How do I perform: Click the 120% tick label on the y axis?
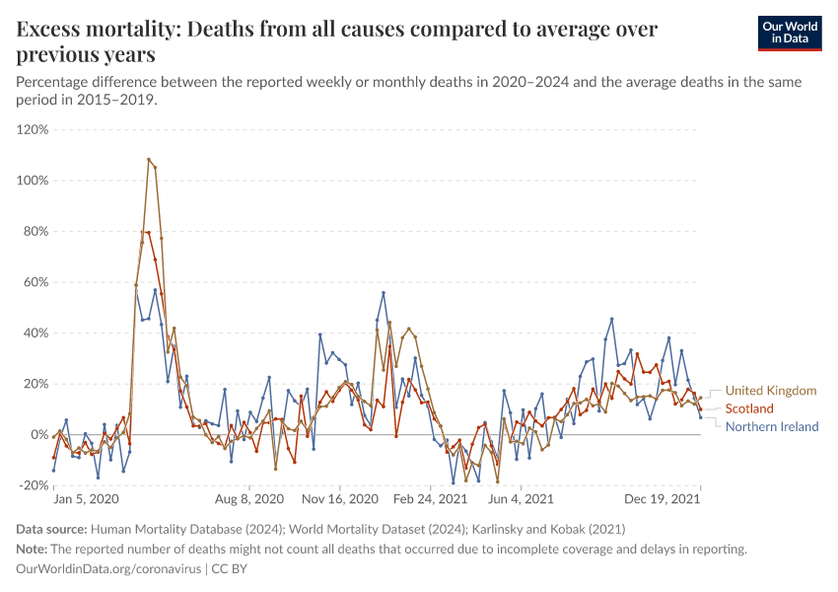click(33, 129)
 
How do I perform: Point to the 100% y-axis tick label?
click(33, 181)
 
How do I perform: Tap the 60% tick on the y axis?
click(35, 282)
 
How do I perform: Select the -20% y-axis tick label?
click(34, 485)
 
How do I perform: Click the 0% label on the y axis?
click(38, 434)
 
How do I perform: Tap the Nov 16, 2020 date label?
click(340, 500)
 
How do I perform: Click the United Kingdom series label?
click(771, 391)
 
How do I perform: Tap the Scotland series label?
click(749, 408)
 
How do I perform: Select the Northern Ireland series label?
click(772, 426)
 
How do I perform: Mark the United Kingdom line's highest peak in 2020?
click(149, 159)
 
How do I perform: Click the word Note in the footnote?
click(32, 550)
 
